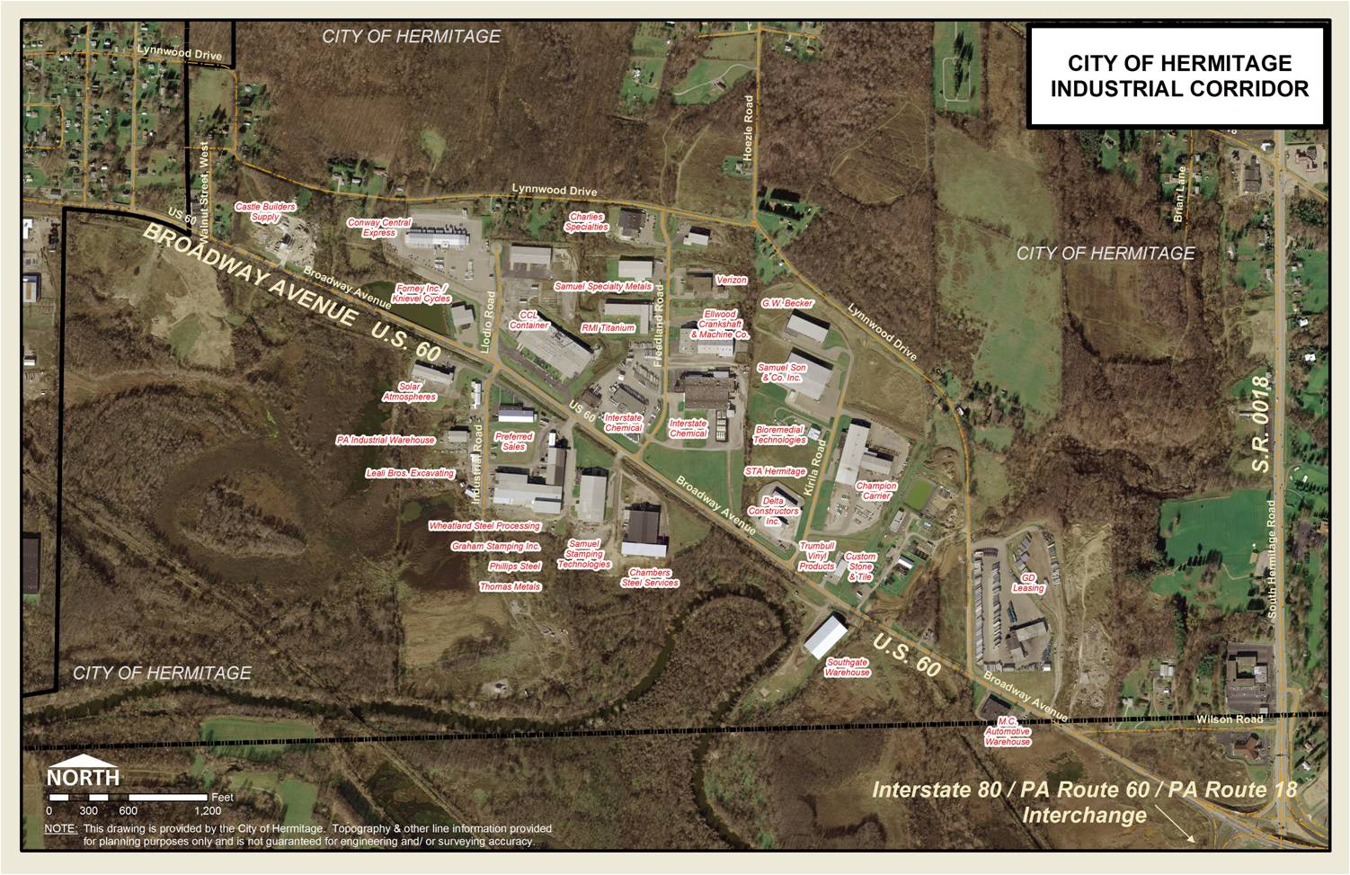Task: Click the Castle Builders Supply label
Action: click(x=265, y=211)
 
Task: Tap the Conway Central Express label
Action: click(x=379, y=228)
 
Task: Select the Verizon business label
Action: click(x=732, y=280)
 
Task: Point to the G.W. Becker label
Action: click(x=786, y=303)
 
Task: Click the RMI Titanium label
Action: click(x=608, y=328)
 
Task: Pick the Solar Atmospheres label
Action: click(x=410, y=391)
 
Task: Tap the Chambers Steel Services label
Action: click(x=649, y=577)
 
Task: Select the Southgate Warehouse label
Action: click(x=847, y=667)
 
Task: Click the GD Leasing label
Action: click(x=1028, y=583)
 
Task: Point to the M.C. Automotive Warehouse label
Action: click(x=1007, y=732)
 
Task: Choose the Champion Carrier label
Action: click(x=875, y=491)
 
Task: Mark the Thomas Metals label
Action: click(x=510, y=586)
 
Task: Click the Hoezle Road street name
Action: click(x=747, y=129)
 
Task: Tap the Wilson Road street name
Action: click(x=1229, y=719)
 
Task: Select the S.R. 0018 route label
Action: click(x=1263, y=424)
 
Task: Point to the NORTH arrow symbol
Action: click(x=83, y=772)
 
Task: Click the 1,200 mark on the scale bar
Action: click(x=207, y=809)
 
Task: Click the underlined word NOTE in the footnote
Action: click(x=61, y=828)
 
